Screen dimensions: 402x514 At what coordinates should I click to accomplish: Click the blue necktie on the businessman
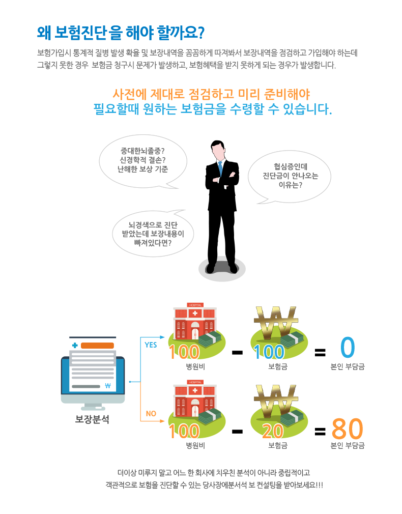click(220, 168)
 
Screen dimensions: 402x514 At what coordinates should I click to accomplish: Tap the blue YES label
click(151, 345)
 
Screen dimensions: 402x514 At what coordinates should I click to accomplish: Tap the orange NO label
click(151, 414)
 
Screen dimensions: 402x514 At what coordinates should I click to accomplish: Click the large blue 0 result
click(348, 347)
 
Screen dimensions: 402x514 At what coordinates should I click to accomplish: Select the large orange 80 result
click(347, 429)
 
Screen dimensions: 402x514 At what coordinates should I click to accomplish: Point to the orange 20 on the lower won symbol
click(273, 431)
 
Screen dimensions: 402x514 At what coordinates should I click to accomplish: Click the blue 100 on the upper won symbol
click(269, 352)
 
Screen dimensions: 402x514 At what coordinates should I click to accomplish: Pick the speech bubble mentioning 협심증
click(290, 177)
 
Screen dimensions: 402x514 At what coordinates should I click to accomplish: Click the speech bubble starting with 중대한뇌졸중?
click(143, 161)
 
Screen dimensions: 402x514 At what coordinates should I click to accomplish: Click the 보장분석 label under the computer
click(92, 419)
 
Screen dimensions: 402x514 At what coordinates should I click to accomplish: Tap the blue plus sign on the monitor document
click(75, 345)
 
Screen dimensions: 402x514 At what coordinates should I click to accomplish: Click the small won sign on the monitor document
click(108, 386)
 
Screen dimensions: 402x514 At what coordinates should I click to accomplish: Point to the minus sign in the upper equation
click(237, 353)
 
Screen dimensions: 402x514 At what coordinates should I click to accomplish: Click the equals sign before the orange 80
click(320, 432)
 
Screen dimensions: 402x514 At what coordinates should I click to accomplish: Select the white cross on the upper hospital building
click(195, 313)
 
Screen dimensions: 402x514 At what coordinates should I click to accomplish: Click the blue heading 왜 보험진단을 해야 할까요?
click(121, 33)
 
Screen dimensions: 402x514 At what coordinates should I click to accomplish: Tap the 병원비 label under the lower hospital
click(195, 445)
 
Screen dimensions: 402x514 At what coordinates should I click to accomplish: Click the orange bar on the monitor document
click(97, 346)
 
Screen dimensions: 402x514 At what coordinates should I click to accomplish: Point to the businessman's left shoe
click(233, 269)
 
